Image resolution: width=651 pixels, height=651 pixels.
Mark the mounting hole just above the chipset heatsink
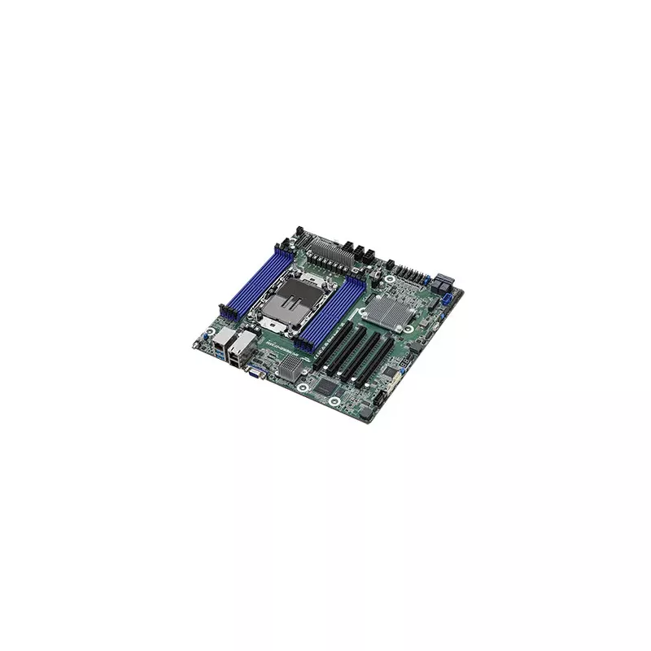(391, 280)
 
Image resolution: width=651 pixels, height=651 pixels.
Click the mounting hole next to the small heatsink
(302, 388)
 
